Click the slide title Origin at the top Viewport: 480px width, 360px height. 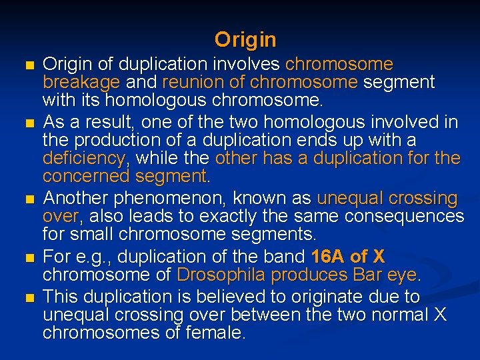coord(245,40)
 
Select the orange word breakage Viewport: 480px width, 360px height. coord(81,83)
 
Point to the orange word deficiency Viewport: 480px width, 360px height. coord(83,159)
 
